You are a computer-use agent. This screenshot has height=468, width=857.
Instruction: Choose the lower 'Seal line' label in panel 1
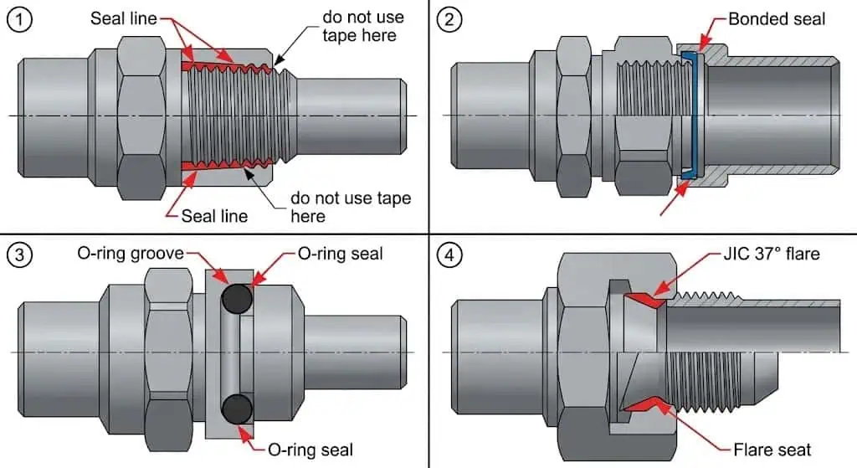[215, 216]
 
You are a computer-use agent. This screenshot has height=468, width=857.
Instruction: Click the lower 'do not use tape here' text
[351, 207]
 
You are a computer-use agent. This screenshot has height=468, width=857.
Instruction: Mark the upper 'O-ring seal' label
[341, 253]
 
